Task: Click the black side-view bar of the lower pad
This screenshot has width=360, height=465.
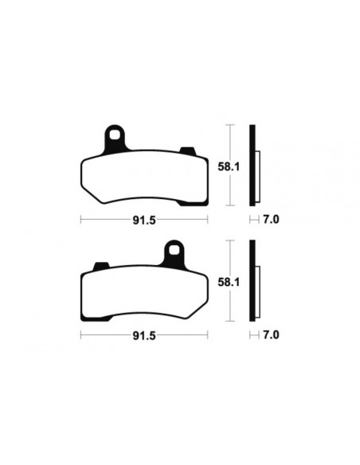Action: [252, 283]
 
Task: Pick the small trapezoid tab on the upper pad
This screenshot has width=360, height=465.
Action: [189, 151]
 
